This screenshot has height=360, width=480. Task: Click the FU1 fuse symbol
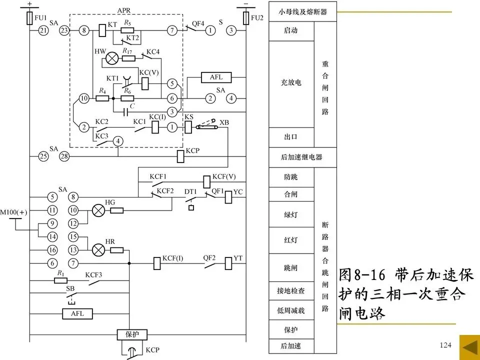tap(29, 18)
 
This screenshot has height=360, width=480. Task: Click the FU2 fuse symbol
tap(246, 18)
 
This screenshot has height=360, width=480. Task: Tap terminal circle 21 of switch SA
tap(43, 31)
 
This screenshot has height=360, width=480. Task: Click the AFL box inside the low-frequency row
tap(77, 314)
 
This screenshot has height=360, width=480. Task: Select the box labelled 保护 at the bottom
tap(129, 333)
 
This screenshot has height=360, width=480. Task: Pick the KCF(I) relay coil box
tap(155, 261)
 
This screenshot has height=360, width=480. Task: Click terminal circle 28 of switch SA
tap(64, 156)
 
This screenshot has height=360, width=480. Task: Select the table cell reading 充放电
tap(291, 83)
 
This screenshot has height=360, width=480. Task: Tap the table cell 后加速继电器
tap(301, 157)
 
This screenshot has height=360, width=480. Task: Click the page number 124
tap(445, 345)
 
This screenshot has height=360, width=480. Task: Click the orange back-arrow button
tap(469, 346)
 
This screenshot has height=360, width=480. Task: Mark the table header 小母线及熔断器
tap(302, 11)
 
